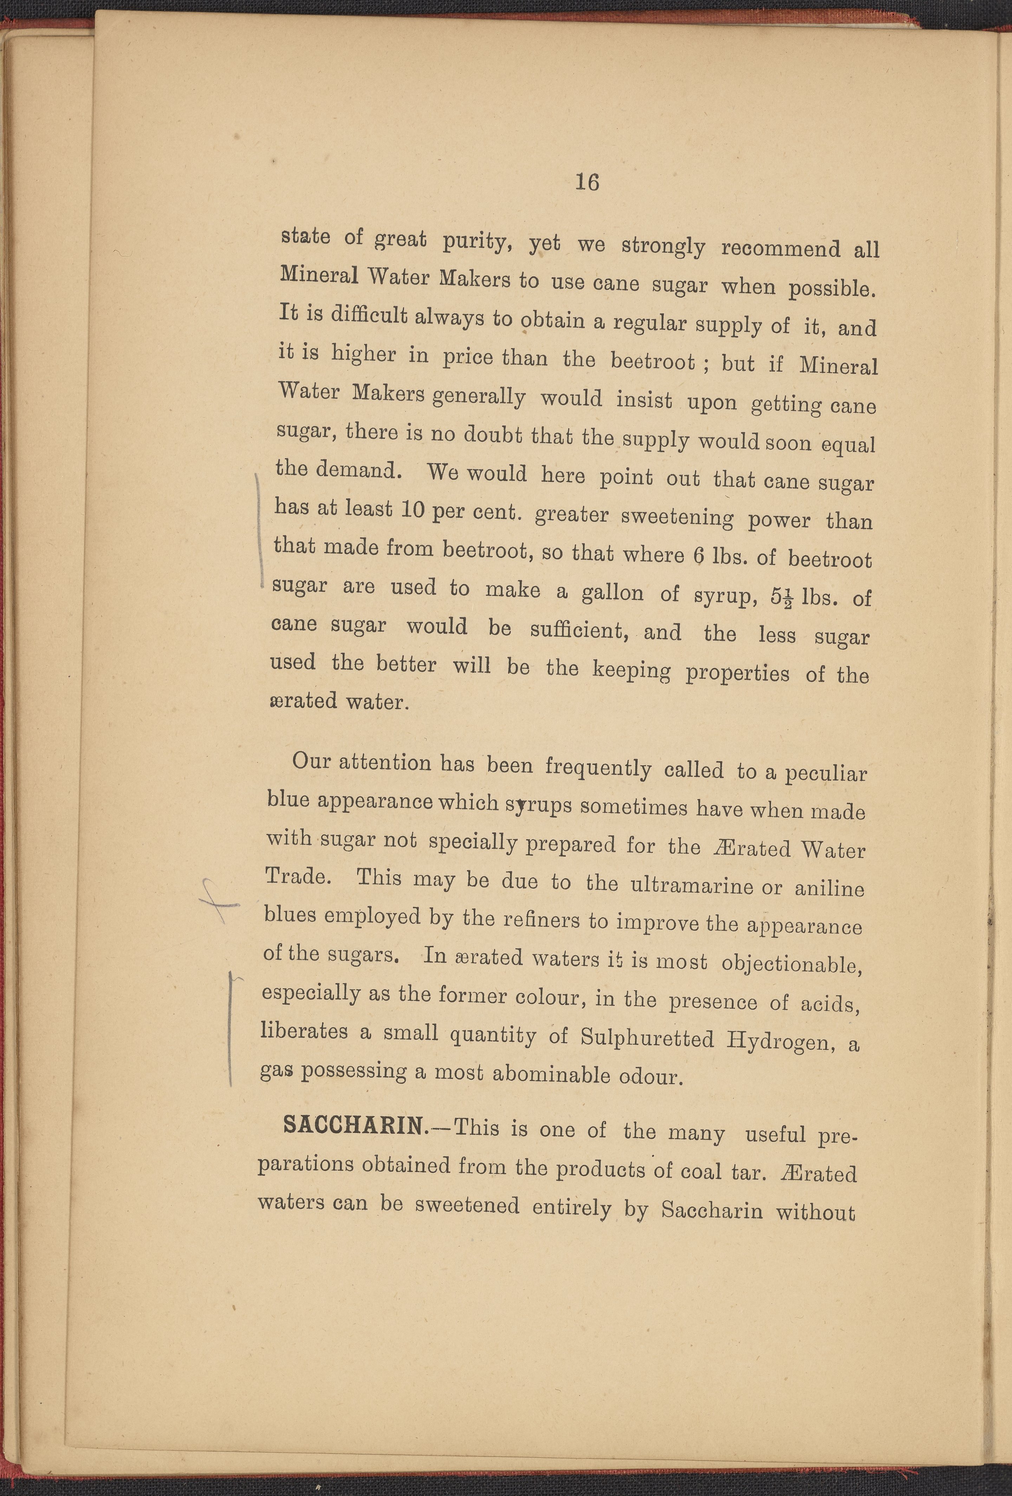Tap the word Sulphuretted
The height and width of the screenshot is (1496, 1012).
[647, 1038]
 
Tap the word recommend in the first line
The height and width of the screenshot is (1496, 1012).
[780, 249]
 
